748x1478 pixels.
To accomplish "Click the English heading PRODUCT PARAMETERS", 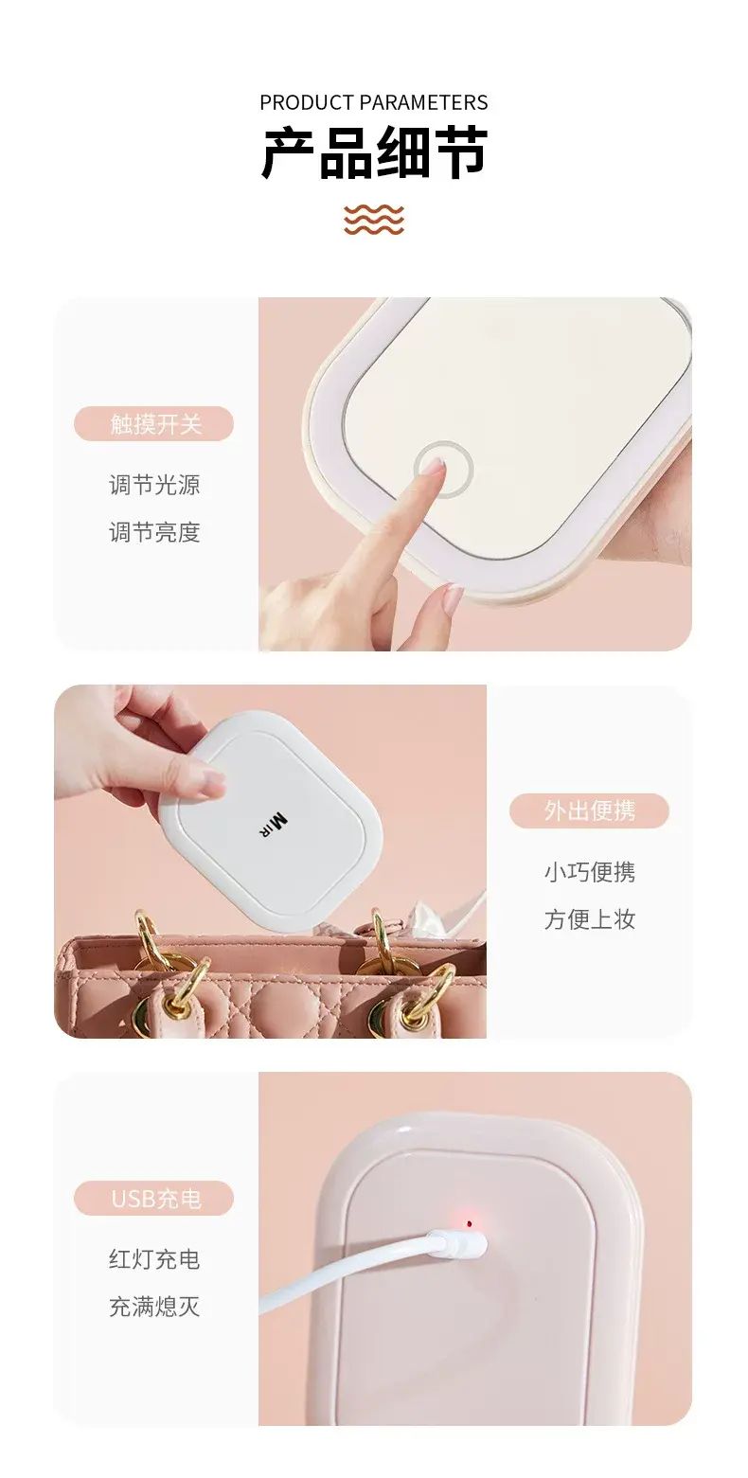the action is (x=373, y=102).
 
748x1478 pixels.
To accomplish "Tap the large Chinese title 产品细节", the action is (x=374, y=153).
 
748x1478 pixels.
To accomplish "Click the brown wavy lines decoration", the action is (x=373, y=219).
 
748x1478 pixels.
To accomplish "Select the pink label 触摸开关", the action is (x=153, y=423).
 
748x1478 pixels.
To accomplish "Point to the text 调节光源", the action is (x=154, y=485).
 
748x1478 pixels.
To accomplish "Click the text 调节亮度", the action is (x=154, y=532).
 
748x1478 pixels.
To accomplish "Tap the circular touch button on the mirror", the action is (x=444, y=469).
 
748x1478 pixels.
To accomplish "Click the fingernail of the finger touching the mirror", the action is (x=434, y=467).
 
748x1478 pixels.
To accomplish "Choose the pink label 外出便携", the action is (x=589, y=810).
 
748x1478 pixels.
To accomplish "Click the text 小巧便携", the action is (x=590, y=872).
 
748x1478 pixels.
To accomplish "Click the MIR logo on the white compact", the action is (x=272, y=826).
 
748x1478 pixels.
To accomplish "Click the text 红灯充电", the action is (x=154, y=1258).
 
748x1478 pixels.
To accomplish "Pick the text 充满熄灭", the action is (x=154, y=1306).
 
